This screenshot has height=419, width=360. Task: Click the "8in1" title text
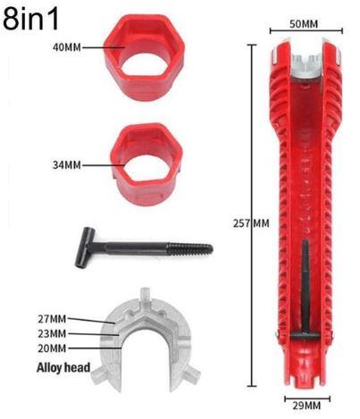tap(30, 19)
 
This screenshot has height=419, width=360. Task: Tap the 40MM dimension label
tap(67, 47)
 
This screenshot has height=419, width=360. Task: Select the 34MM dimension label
tap(67, 165)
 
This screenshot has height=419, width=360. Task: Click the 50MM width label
tap(304, 24)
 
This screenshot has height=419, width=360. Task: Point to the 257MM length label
tap(251, 223)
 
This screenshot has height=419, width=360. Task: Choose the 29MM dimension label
tap(306, 406)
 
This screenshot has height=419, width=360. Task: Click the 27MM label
tap(52, 319)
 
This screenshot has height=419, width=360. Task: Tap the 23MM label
tap(52, 333)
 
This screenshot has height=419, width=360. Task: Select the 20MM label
tap(52, 348)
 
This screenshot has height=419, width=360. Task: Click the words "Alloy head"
tap(63, 367)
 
